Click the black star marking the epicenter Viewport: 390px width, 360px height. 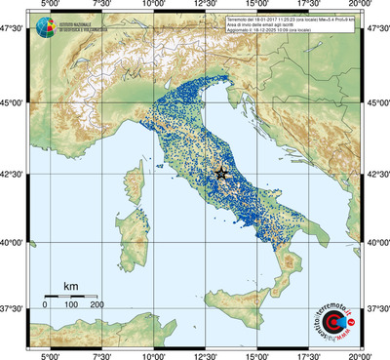(220, 173)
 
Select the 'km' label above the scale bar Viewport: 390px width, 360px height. (70, 286)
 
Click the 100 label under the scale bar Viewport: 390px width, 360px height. (70, 305)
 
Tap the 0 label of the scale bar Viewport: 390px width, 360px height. (45, 305)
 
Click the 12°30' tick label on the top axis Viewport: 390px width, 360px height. (205, 6)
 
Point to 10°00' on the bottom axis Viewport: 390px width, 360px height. (152, 354)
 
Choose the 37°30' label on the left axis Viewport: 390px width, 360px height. (17, 307)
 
